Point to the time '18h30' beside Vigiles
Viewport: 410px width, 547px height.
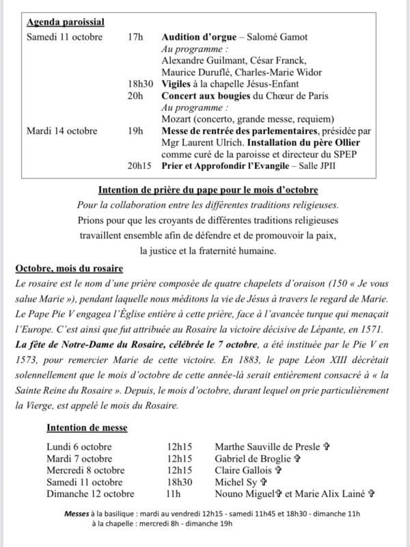pos(139,83)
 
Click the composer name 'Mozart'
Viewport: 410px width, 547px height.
pos(177,119)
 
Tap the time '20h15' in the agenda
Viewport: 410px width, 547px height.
pos(139,166)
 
